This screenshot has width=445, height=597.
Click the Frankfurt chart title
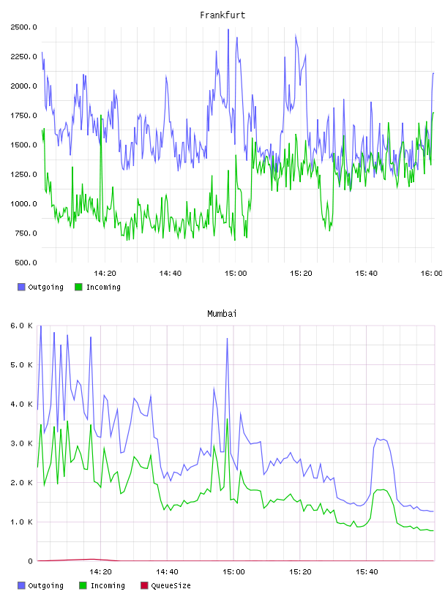pyautogui.click(x=222, y=15)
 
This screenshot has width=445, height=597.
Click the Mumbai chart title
pyautogui.click(x=222, y=314)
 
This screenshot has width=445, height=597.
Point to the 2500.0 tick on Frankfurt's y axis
pyautogui.click(x=23, y=27)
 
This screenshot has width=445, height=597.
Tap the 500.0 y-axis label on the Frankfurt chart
pyautogui.click(x=26, y=263)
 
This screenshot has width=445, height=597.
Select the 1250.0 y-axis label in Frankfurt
pyautogui.click(x=23, y=174)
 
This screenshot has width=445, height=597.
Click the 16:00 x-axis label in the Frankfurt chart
pyautogui.click(x=431, y=273)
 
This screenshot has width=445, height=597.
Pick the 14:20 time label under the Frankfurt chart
pyautogui.click(x=105, y=273)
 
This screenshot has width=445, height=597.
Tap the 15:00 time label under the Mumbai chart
pyautogui.click(x=233, y=571)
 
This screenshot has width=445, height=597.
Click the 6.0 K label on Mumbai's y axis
pyautogui.click(x=21, y=326)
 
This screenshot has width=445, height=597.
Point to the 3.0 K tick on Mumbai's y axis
pyautogui.click(x=21, y=443)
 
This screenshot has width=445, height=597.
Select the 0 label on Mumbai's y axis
pyautogui.click(x=31, y=561)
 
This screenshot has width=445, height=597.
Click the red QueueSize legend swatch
pyautogui.click(x=144, y=585)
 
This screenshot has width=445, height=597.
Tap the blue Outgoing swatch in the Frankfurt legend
pyautogui.click(x=21, y=287)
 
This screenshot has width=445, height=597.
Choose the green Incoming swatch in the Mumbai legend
pyautogui.click(x=83, y=585)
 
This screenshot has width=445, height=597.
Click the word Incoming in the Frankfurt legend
pyautogui.click(x=103, y=287)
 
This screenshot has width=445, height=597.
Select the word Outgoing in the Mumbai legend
pyautogui.click(x=45, y=585)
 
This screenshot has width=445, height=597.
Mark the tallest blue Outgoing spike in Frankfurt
pyautogui.click(x=228, y=30)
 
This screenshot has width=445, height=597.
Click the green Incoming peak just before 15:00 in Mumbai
pyautogui.click(x=227, y=419)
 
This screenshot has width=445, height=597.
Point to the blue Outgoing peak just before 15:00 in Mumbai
pyautogui.click(x=227, y=339)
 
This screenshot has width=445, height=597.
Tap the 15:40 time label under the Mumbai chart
pyautogui.click(x=367, y=571)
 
